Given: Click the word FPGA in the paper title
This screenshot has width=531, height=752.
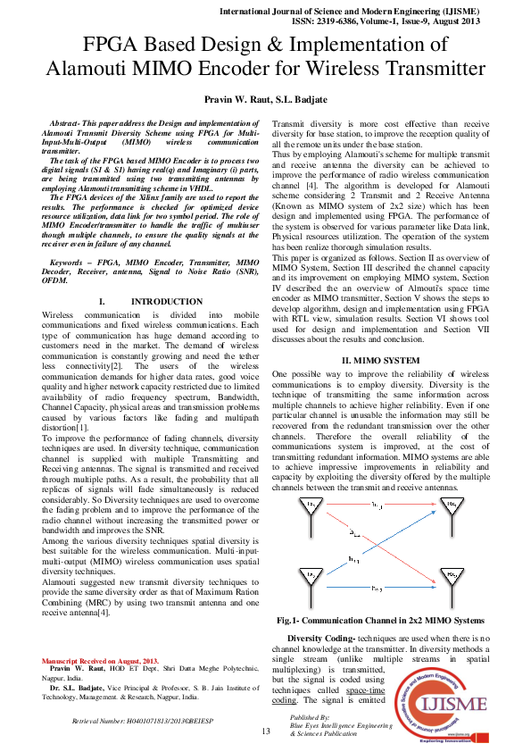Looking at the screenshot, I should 111,46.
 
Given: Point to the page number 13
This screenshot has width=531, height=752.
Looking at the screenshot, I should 265,732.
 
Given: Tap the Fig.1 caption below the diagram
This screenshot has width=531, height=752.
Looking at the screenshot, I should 378,620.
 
